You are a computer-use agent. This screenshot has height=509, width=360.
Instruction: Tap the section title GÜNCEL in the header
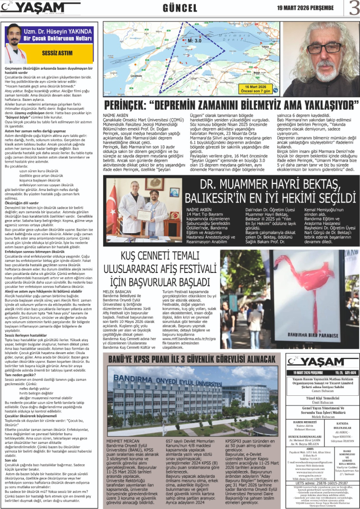180,8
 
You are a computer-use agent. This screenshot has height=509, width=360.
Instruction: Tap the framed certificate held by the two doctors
144,214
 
